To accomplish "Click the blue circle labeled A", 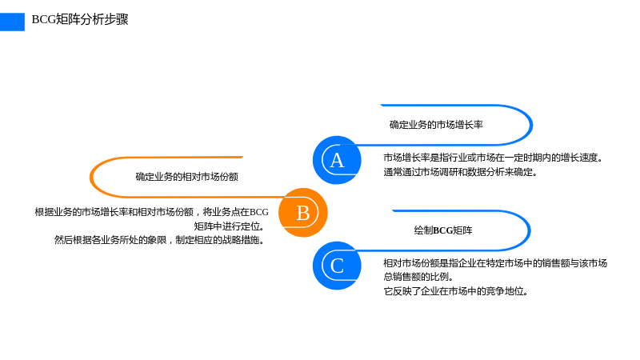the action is pyautogui.click(x=337, y=160).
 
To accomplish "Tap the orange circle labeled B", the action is pyautogui.click(x=303, y=213).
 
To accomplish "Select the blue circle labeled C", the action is pyautogui.click(x=337, y=266).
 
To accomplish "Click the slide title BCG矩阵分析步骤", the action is pyautogui.click(x=80, y=19).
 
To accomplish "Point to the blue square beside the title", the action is pyautogui.click(x=12, y=22).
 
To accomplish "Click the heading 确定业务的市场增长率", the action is pyautogui.click(x=436, y=125).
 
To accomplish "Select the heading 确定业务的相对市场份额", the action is pyautogui.click(x=186, y=177).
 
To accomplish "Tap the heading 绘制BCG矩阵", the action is pyautogui.click(x=443, y=230).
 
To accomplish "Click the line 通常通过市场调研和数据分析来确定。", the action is pyautogui.click(x=460, y=172).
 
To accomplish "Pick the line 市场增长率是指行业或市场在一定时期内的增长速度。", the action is pyautogui.click(x=493, y=158).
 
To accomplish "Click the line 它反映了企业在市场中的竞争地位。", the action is pyautogui.click(x=455, y=291).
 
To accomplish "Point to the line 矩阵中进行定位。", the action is pyautogui.click(x=229, y=226).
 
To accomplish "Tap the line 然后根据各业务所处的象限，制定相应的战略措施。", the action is pyautogui.click(x=159, y=240).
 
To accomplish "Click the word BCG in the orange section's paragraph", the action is pyautogui.click(x=258, y=212).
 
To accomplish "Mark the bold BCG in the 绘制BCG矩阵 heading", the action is pyautogui.click(x=443, y=230).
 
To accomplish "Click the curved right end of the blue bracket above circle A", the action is pyautogui.click(x=531, y=125).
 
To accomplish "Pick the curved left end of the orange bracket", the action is pyautogui.click(x=91, y=177).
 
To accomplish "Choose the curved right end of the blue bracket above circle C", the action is pyautogui.click(x=529, y=230).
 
